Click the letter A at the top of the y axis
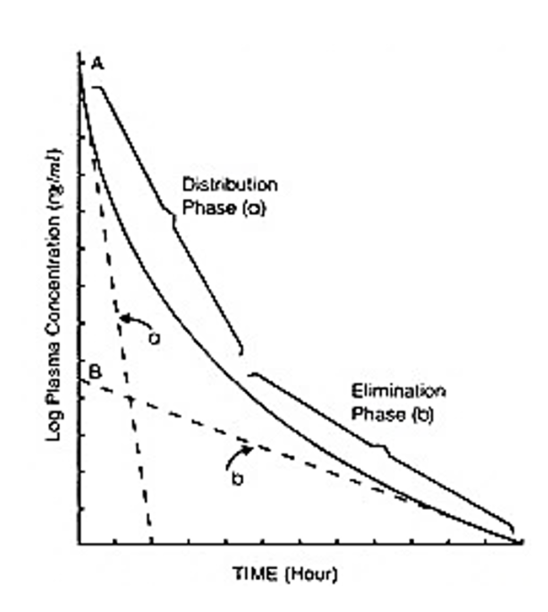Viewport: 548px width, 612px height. point(93,62)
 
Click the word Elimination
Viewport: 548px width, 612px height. point(398,392)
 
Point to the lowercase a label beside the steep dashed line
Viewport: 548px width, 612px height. point(155,337)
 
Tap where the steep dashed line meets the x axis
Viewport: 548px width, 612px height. point(152,543)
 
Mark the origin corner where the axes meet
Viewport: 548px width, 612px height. point(79,544)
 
